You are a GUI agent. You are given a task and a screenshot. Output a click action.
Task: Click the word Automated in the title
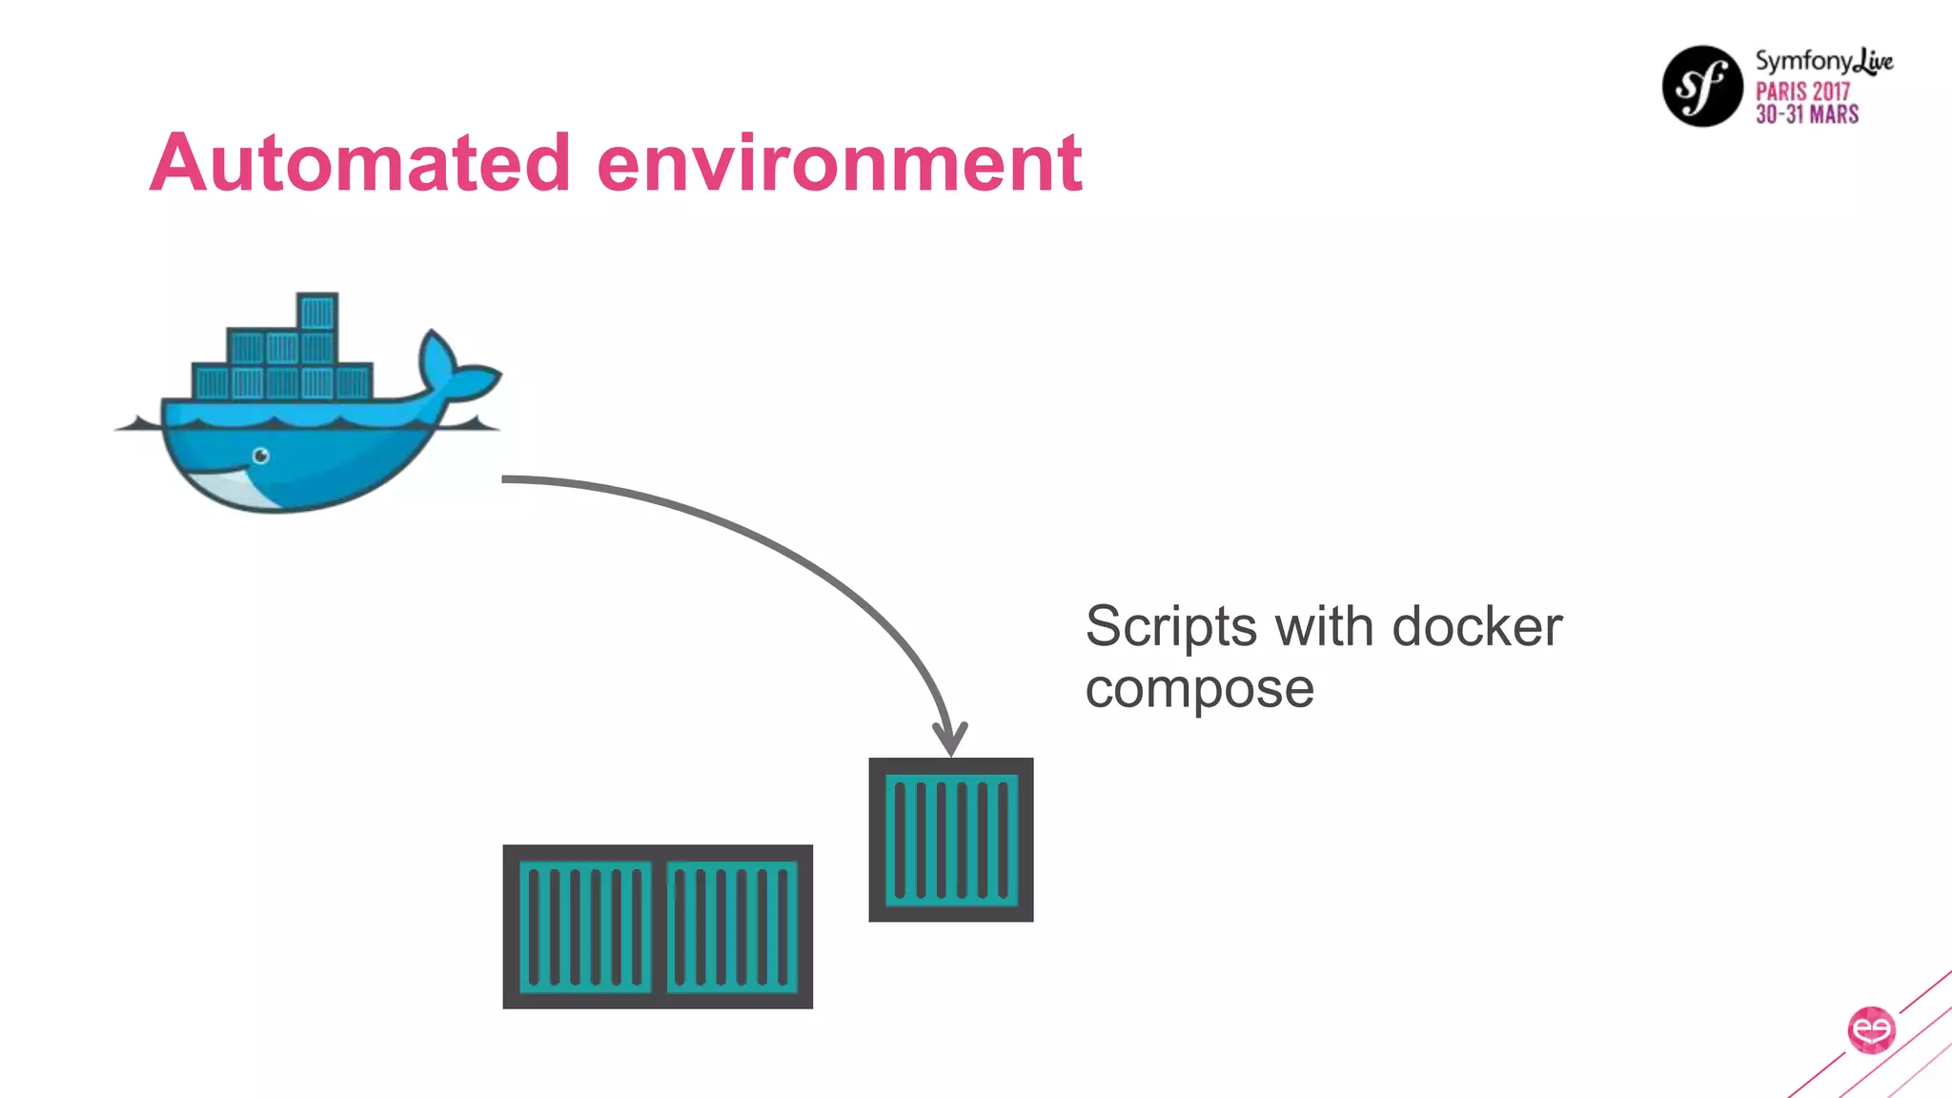pos(359,163)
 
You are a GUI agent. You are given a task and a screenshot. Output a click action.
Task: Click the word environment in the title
pos(839,163)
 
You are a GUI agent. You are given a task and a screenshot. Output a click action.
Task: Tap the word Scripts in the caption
pos(1170,628)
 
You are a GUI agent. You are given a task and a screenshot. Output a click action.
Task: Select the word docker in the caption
pos(1476,627)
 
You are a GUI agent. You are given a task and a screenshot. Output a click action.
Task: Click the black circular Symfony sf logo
pos(1702,86)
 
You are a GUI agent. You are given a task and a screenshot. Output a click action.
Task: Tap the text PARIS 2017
pos(1802,91)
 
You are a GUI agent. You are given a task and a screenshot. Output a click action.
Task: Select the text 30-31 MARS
pos(1807,114)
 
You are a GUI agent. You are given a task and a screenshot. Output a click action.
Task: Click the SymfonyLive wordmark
pos(1823,62)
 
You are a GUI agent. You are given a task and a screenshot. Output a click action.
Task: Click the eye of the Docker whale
pos(260,456)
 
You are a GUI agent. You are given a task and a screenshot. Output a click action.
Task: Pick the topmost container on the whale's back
pos(317,312)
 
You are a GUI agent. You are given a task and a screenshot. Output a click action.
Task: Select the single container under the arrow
pos(950,840)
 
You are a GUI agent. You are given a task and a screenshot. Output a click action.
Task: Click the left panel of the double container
pos(584,926)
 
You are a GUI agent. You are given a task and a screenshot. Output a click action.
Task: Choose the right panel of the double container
pos(732,926)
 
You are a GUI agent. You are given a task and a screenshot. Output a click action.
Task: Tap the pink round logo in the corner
pos(1871,1030)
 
